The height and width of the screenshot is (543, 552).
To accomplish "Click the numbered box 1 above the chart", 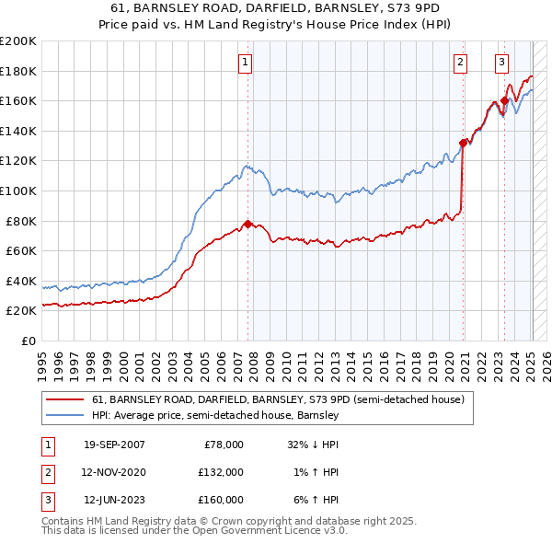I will click(x=246, y=63).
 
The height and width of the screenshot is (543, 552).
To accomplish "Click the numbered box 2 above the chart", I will click(x=459, y=63).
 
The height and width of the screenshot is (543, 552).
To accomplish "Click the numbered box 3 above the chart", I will click(x=501, y=63).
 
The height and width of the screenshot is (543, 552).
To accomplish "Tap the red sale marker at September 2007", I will click(x=247, y=224).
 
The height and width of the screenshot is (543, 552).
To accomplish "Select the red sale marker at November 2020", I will click(x=463, y=143).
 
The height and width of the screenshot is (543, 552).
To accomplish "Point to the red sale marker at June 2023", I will click(x=505, y=100).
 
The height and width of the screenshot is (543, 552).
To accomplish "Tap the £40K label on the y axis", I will click(x=21, y=281).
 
